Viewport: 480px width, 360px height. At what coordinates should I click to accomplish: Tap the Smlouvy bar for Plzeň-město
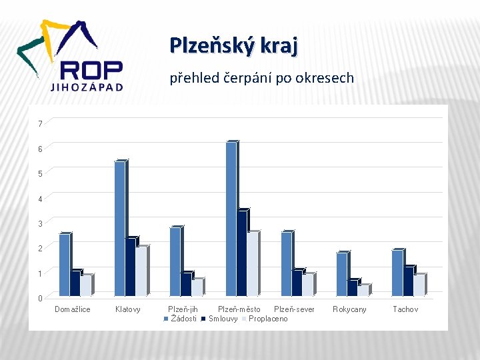(242, 253)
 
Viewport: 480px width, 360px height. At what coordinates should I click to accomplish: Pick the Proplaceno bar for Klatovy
(141, 271)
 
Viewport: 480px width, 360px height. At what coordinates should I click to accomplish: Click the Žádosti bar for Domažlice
(64, 265)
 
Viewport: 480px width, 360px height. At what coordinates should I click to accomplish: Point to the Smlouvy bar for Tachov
(408, 281)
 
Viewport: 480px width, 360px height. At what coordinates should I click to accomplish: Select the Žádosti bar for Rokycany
(341, 274)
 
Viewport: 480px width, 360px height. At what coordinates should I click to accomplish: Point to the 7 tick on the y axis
(41, 124)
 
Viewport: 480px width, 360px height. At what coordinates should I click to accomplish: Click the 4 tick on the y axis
(41, 199)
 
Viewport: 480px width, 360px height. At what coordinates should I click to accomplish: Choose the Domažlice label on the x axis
(72, 309)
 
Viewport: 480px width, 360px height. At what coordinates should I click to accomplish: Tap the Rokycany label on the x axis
(349, 309)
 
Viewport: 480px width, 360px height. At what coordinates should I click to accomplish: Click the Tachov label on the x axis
(405, 309)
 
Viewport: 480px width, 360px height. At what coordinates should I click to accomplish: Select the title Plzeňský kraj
(233, 45)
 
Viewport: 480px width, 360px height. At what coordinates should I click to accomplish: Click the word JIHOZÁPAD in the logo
(87, 87)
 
